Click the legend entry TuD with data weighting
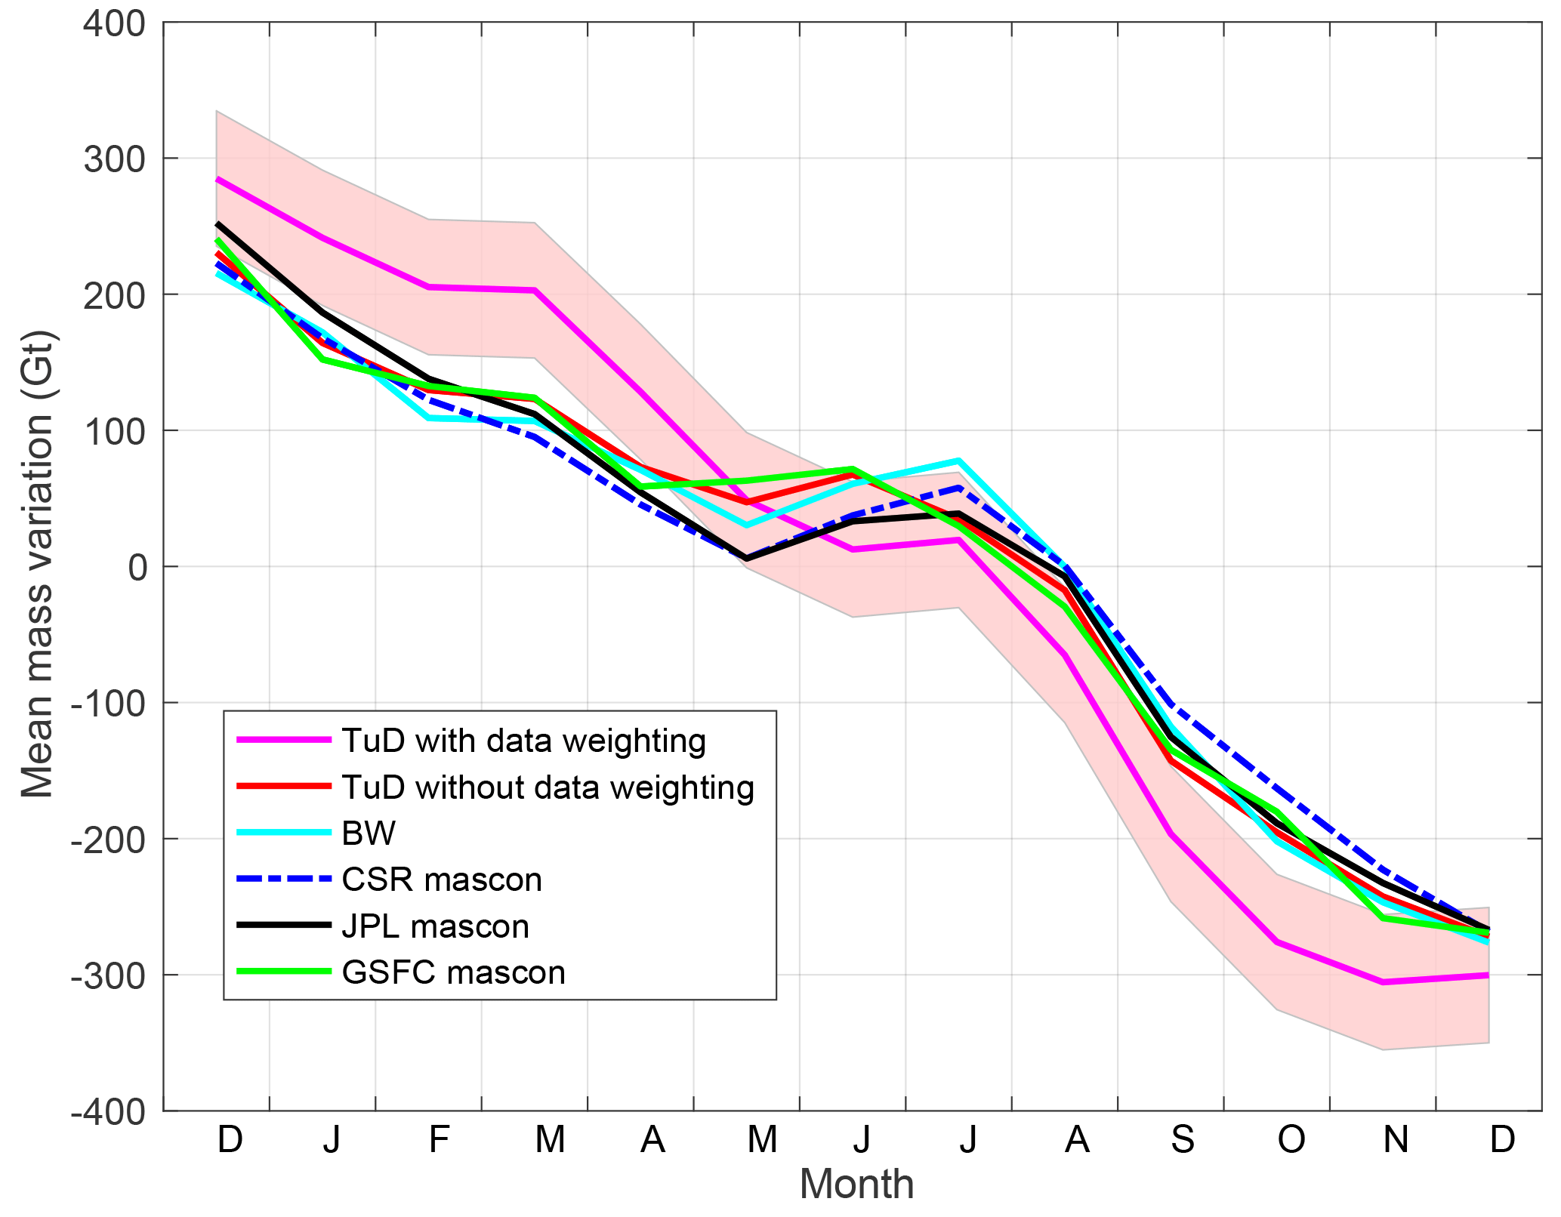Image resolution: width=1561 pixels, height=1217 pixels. coord(523,741)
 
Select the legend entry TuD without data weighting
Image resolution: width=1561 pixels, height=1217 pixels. coord(548,787)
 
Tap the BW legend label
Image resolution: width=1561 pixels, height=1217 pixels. coord(369,833)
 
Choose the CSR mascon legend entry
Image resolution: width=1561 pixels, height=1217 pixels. coord(442,880)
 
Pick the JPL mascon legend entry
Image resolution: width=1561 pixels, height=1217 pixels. coord(435,926)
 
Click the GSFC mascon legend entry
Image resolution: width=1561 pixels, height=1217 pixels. coord(453,972)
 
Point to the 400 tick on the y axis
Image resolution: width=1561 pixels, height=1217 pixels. coord(115,23)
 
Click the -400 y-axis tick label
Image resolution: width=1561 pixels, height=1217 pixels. coord(109,1111)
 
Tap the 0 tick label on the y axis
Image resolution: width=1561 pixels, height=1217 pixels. coord(137,568)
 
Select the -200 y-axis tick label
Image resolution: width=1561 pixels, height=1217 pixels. coord(109,840)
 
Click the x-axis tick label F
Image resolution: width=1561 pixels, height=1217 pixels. coord(439,1139)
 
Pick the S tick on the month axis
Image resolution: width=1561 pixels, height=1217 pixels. coord(1183,1139)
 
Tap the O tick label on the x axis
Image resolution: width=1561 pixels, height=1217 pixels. coord(1291,1139)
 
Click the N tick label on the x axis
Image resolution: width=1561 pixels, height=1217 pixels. coord(1396,1139)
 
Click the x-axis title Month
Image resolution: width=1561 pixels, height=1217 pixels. coord(856,1184)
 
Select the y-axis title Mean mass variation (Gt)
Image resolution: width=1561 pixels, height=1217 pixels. coord(38,564)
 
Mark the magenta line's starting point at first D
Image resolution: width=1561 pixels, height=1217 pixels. coord(217,180)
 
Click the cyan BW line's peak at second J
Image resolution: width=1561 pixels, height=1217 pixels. coord(958,461)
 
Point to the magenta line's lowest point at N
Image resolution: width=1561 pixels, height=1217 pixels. coord(1383,982)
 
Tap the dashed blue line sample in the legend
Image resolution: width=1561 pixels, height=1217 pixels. coord(284,880)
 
